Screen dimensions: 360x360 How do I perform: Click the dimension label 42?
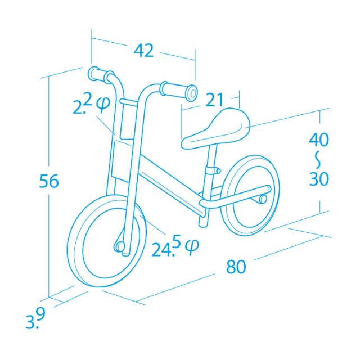pyautogui.click(x=144, y=51)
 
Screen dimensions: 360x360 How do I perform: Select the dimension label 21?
pyautogui.click(x=214, y=100)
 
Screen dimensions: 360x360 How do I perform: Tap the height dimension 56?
pyautogui.click(x=49, y=181)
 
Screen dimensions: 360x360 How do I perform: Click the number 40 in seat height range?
pyautogui.click(x=319, y=139)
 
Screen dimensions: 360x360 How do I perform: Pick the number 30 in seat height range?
pyautogui.click(x=319, y=178)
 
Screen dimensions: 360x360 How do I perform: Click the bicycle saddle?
pyautogui.click(x=217, y=129)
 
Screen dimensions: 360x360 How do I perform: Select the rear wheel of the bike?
pyautogui.click(x=250, y=195)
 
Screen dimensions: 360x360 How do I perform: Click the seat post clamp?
pyautogui.click(x=212, y=169)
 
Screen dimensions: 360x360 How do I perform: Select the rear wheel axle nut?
pyautogui.click(x=262, y=199)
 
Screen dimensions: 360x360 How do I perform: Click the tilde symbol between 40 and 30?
pyautogui.click(x=319, y=159)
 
